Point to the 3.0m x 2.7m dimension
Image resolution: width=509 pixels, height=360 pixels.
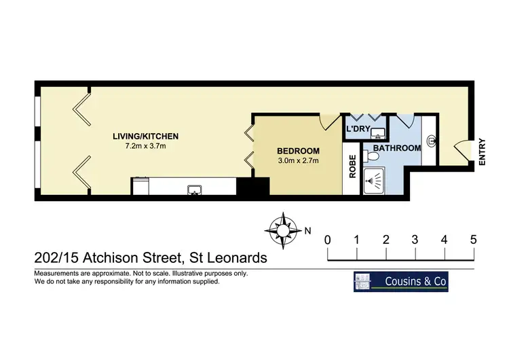(298, 161)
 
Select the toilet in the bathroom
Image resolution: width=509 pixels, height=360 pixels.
(369, 156)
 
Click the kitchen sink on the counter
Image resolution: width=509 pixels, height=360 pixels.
(194, 189)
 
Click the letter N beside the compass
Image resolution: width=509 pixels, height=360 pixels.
(307, 230)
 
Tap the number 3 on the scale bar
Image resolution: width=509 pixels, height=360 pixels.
(415, 240)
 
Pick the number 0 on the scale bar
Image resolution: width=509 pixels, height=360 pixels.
(328, 240)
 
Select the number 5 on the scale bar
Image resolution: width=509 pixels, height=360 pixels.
(473, 240)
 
